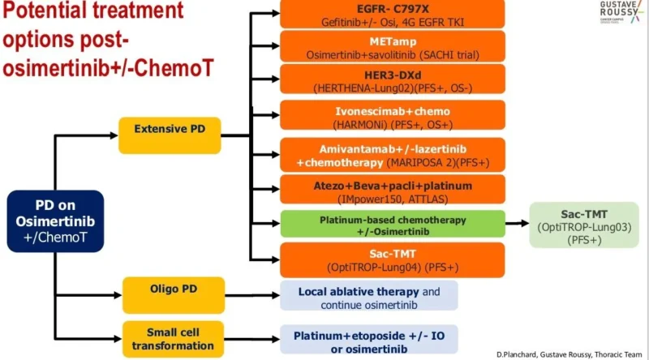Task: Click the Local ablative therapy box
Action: [369, 298]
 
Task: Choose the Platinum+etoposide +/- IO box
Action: [369, 340]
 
